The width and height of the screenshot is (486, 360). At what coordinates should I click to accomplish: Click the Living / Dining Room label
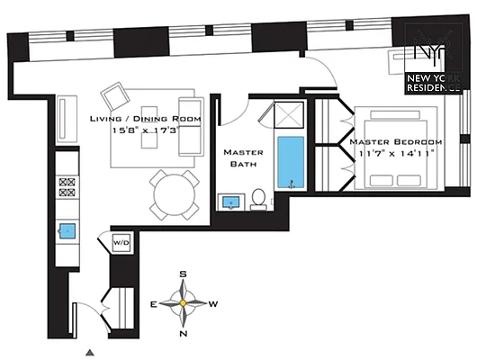click(x=145, y=119)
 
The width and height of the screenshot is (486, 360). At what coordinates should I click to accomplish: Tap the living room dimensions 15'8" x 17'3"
click(x=145, y=131)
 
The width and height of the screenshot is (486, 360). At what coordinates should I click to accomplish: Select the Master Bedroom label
click(x=396, y=142)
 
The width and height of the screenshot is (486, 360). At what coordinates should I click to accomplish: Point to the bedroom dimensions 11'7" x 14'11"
click(x=397, y=154)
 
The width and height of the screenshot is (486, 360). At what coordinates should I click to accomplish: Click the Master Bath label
click(x=243, y=158)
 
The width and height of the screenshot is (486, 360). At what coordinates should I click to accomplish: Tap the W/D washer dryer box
click(x=121, y=243)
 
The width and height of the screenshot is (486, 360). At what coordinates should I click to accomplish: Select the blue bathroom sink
click(x=233, y=202)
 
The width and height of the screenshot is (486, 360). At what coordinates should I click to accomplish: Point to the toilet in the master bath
click(x=258, y=198)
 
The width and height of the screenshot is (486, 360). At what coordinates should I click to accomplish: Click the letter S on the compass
click(x=184, y=273)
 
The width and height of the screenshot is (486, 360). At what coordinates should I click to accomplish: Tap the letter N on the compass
click(x=184, y=334)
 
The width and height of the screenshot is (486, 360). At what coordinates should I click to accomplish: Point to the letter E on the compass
click(x=154, y=304)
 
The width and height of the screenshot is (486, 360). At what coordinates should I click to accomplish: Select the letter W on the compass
click(x=214, y=304)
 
